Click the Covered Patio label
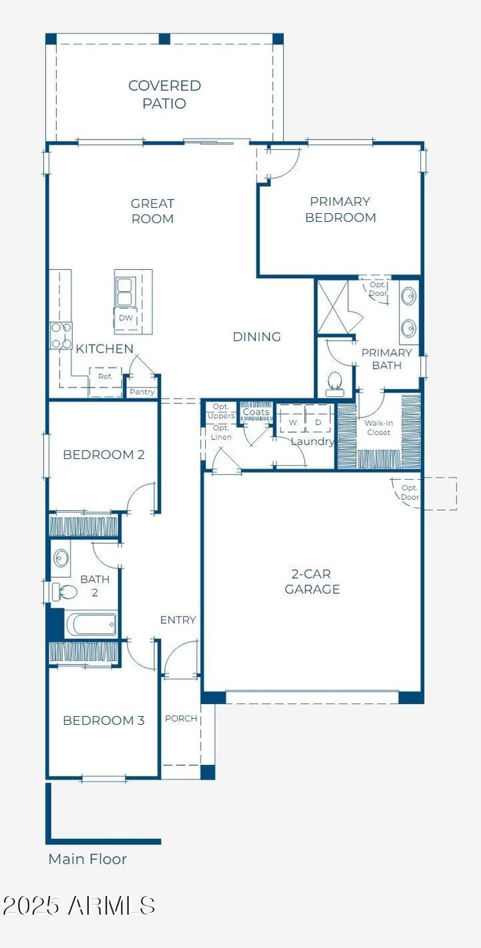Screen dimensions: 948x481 coord(164,94)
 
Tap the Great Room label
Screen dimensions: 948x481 coord(152,211)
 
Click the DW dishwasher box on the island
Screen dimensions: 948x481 coord(126,318)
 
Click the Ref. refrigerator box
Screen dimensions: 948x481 coord(105,376)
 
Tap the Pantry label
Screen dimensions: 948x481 coord(142,392)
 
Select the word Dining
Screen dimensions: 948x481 coord(257,337)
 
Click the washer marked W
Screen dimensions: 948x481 coord(293,422)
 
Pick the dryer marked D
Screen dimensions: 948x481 coord(318,422)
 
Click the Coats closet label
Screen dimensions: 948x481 coord(256,412)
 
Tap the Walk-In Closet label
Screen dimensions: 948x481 coord(378,428)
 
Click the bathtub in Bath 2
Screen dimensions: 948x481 coord(92,625)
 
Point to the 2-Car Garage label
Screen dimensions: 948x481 coord(312,581)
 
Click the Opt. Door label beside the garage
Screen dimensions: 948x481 coord(410,492)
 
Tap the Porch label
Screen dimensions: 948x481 coord(181,718)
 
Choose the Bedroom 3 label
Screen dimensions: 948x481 coord(104,720)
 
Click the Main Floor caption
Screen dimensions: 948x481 coord(88,859)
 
